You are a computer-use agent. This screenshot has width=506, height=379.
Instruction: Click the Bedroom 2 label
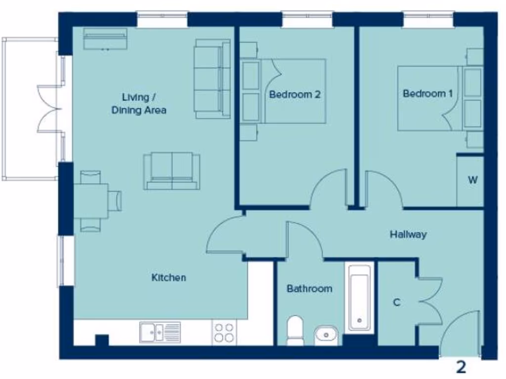295,94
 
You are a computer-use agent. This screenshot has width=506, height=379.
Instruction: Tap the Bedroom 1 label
427,93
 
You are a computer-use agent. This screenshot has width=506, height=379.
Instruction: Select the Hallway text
408,234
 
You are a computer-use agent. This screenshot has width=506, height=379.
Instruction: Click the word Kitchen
169,278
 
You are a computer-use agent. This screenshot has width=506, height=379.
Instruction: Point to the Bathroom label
309,289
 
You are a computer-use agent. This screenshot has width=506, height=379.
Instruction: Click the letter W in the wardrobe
472,180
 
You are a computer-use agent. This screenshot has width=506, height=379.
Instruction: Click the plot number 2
461,367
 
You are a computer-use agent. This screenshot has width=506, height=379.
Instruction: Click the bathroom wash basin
326,336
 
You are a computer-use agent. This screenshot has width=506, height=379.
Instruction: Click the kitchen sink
160,332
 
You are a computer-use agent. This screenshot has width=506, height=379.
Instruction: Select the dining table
91,201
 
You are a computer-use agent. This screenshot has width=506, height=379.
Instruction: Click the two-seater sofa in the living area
172,171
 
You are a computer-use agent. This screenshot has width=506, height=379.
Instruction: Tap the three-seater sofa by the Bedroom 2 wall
212,78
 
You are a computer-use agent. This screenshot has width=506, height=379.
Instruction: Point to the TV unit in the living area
105,39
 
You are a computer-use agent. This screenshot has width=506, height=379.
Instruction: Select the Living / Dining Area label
138,103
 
